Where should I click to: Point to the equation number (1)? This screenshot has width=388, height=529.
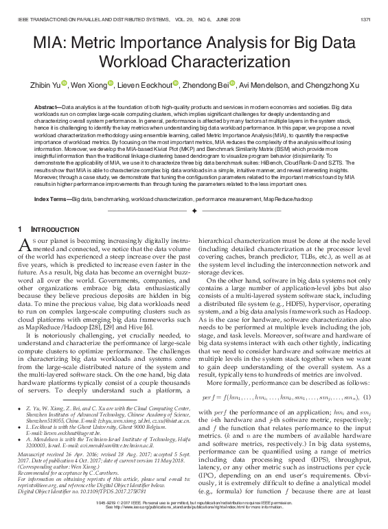tap(367, 397)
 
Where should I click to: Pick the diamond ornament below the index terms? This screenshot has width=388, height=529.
tap(194, 211)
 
